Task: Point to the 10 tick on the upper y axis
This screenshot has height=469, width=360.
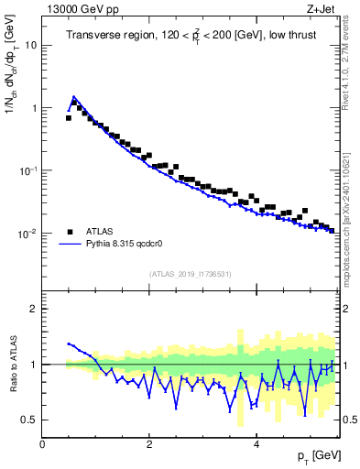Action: tap(32, 45)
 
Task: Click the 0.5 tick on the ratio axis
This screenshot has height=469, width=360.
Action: tap(30, 420)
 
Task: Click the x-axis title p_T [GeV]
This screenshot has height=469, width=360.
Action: tap(314, 457)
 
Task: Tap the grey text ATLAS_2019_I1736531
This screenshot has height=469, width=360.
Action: tap(190, 274)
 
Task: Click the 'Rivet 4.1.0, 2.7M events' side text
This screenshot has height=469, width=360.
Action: tap(351, 73)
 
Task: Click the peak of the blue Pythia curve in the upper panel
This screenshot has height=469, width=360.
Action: tap(74, 96)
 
